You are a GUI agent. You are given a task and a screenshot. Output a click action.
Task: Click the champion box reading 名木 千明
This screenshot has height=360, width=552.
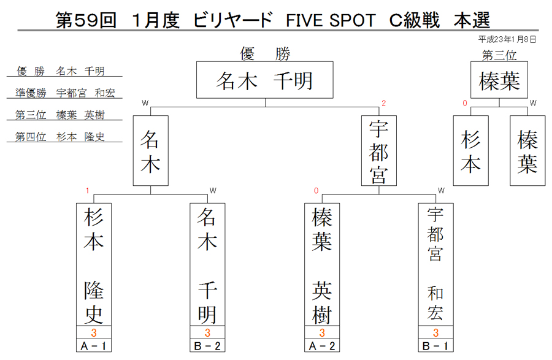click(x=265, y=80)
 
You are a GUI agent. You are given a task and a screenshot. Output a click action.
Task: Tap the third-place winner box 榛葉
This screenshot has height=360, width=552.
click(x=499, y=80)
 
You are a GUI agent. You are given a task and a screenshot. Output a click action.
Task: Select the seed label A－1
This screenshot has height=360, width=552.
click(x=94, y=345)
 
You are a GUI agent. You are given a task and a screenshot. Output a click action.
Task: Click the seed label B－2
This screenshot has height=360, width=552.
click(x=207, y=345)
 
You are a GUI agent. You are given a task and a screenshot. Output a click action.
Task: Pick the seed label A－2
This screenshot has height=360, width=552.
click(x=322, y=345)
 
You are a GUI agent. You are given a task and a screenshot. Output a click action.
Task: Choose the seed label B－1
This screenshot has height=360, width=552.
click(x=436, y=345)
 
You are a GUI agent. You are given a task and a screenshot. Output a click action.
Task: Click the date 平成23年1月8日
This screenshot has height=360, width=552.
click(x=507, y=39)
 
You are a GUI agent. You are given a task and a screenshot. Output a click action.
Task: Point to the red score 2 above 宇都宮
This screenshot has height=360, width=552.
click(x=384, y=103)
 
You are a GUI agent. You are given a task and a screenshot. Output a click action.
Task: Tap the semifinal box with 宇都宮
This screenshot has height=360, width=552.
click(x=379, y=151)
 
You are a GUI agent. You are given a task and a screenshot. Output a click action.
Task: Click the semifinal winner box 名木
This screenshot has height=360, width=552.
click(x=151, y=151)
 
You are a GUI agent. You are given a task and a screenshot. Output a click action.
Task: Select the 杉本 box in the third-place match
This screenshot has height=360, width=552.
click(x=470, y=151)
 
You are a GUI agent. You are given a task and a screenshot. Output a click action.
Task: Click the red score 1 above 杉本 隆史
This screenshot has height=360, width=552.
click(x=87, y=191)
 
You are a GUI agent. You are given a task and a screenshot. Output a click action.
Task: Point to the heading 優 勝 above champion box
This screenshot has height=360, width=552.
click(x=265, y=54)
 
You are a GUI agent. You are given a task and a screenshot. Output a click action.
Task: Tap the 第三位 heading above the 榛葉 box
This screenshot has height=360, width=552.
click(x=499, y=55)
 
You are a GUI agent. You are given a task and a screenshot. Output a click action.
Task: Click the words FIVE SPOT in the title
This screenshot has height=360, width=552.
click(x=331, y=20)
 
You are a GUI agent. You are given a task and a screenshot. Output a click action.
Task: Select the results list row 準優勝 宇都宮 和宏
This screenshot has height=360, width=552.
click(x=65, y=93)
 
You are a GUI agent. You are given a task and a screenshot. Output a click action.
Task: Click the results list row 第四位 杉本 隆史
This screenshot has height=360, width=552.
click(x=60, y=137)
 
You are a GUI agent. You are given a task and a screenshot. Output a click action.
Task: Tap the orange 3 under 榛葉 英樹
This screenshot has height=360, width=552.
click(x=322, y=332)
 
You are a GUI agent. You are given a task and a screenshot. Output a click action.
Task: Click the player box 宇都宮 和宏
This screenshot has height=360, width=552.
click(x=436, y=264)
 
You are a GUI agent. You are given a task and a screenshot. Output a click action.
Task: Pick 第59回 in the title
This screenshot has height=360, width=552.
click(x=86, y=20)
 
